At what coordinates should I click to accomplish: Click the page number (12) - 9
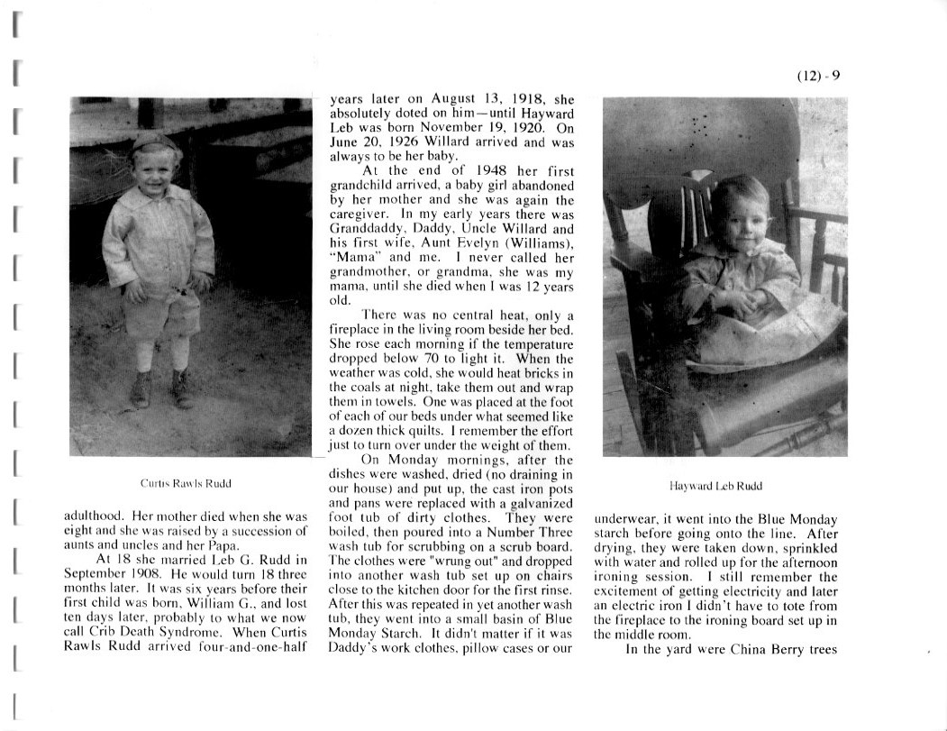pos(818,76)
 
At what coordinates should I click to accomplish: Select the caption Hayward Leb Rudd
pos(716,486)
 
